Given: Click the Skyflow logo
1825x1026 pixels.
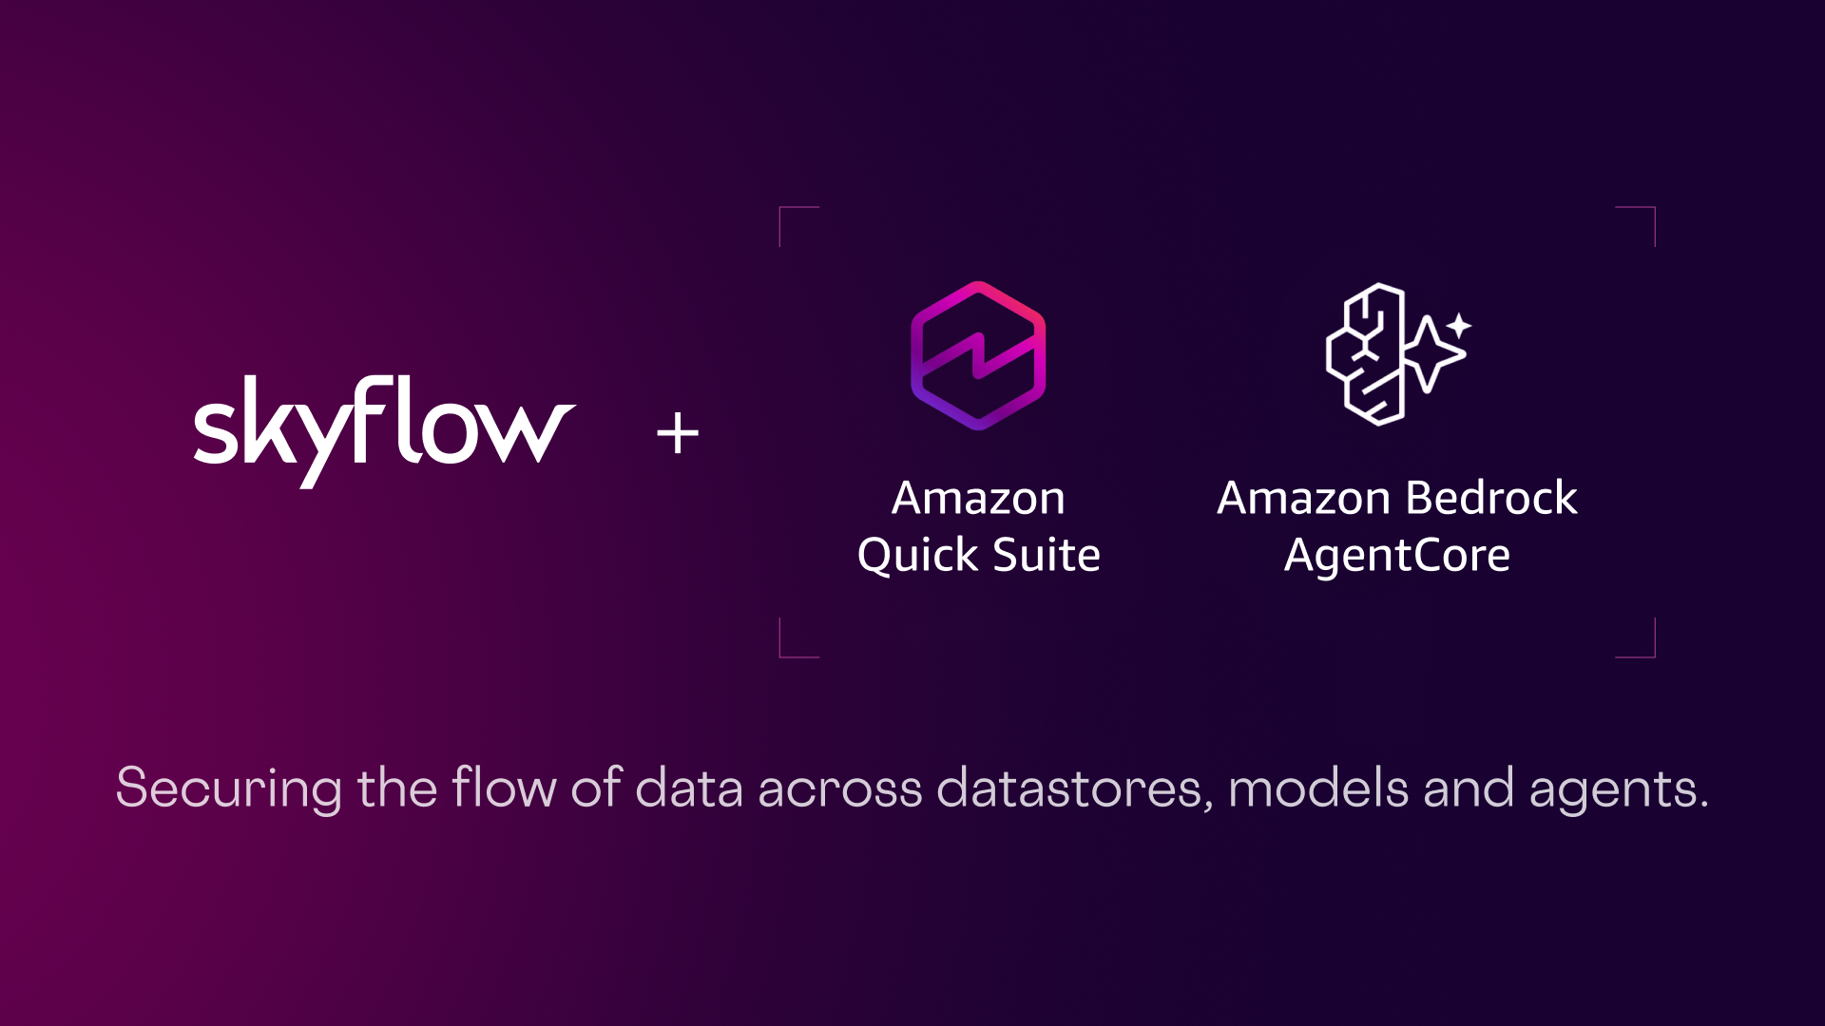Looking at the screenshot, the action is [384, 429].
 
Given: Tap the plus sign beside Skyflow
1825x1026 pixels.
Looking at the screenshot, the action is [678, 433].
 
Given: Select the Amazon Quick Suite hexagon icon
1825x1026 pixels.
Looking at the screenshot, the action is [978, 355].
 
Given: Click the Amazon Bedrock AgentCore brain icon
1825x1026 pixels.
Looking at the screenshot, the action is [1369, 353].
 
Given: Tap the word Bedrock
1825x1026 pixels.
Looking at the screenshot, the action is [1490, 498].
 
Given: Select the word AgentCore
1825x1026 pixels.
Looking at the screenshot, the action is [1396, 555].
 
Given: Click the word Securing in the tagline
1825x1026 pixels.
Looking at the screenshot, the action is [228, 788].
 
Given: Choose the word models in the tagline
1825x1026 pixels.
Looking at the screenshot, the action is [1317, 788].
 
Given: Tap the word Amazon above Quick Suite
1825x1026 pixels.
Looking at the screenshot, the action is [978, 498].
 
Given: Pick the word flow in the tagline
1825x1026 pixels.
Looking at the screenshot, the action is [504, 788].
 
